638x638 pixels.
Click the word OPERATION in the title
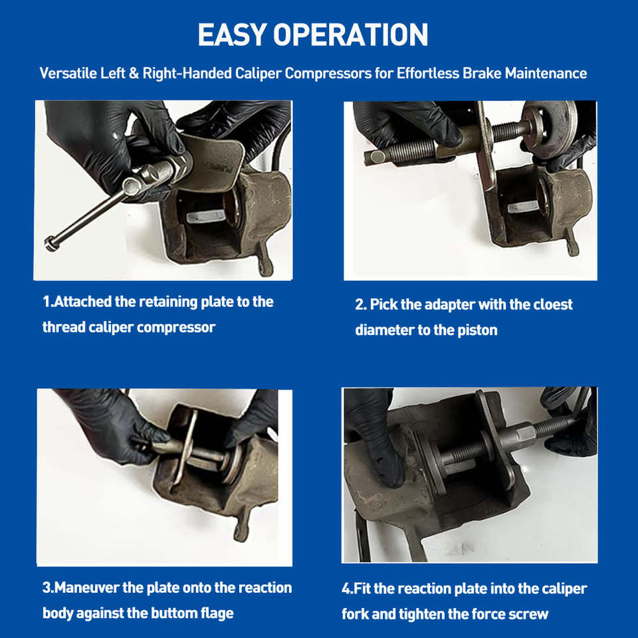click(351, 35)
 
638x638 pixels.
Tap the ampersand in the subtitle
click(134, 73)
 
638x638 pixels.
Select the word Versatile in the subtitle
click(68, 73)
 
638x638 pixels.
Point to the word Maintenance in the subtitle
click(546, 73)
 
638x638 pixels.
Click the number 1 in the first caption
click(47, 302)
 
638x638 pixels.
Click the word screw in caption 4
click(530, 613)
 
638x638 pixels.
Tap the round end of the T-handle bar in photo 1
click(51, 244)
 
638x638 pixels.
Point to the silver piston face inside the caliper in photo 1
click(206, 215)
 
